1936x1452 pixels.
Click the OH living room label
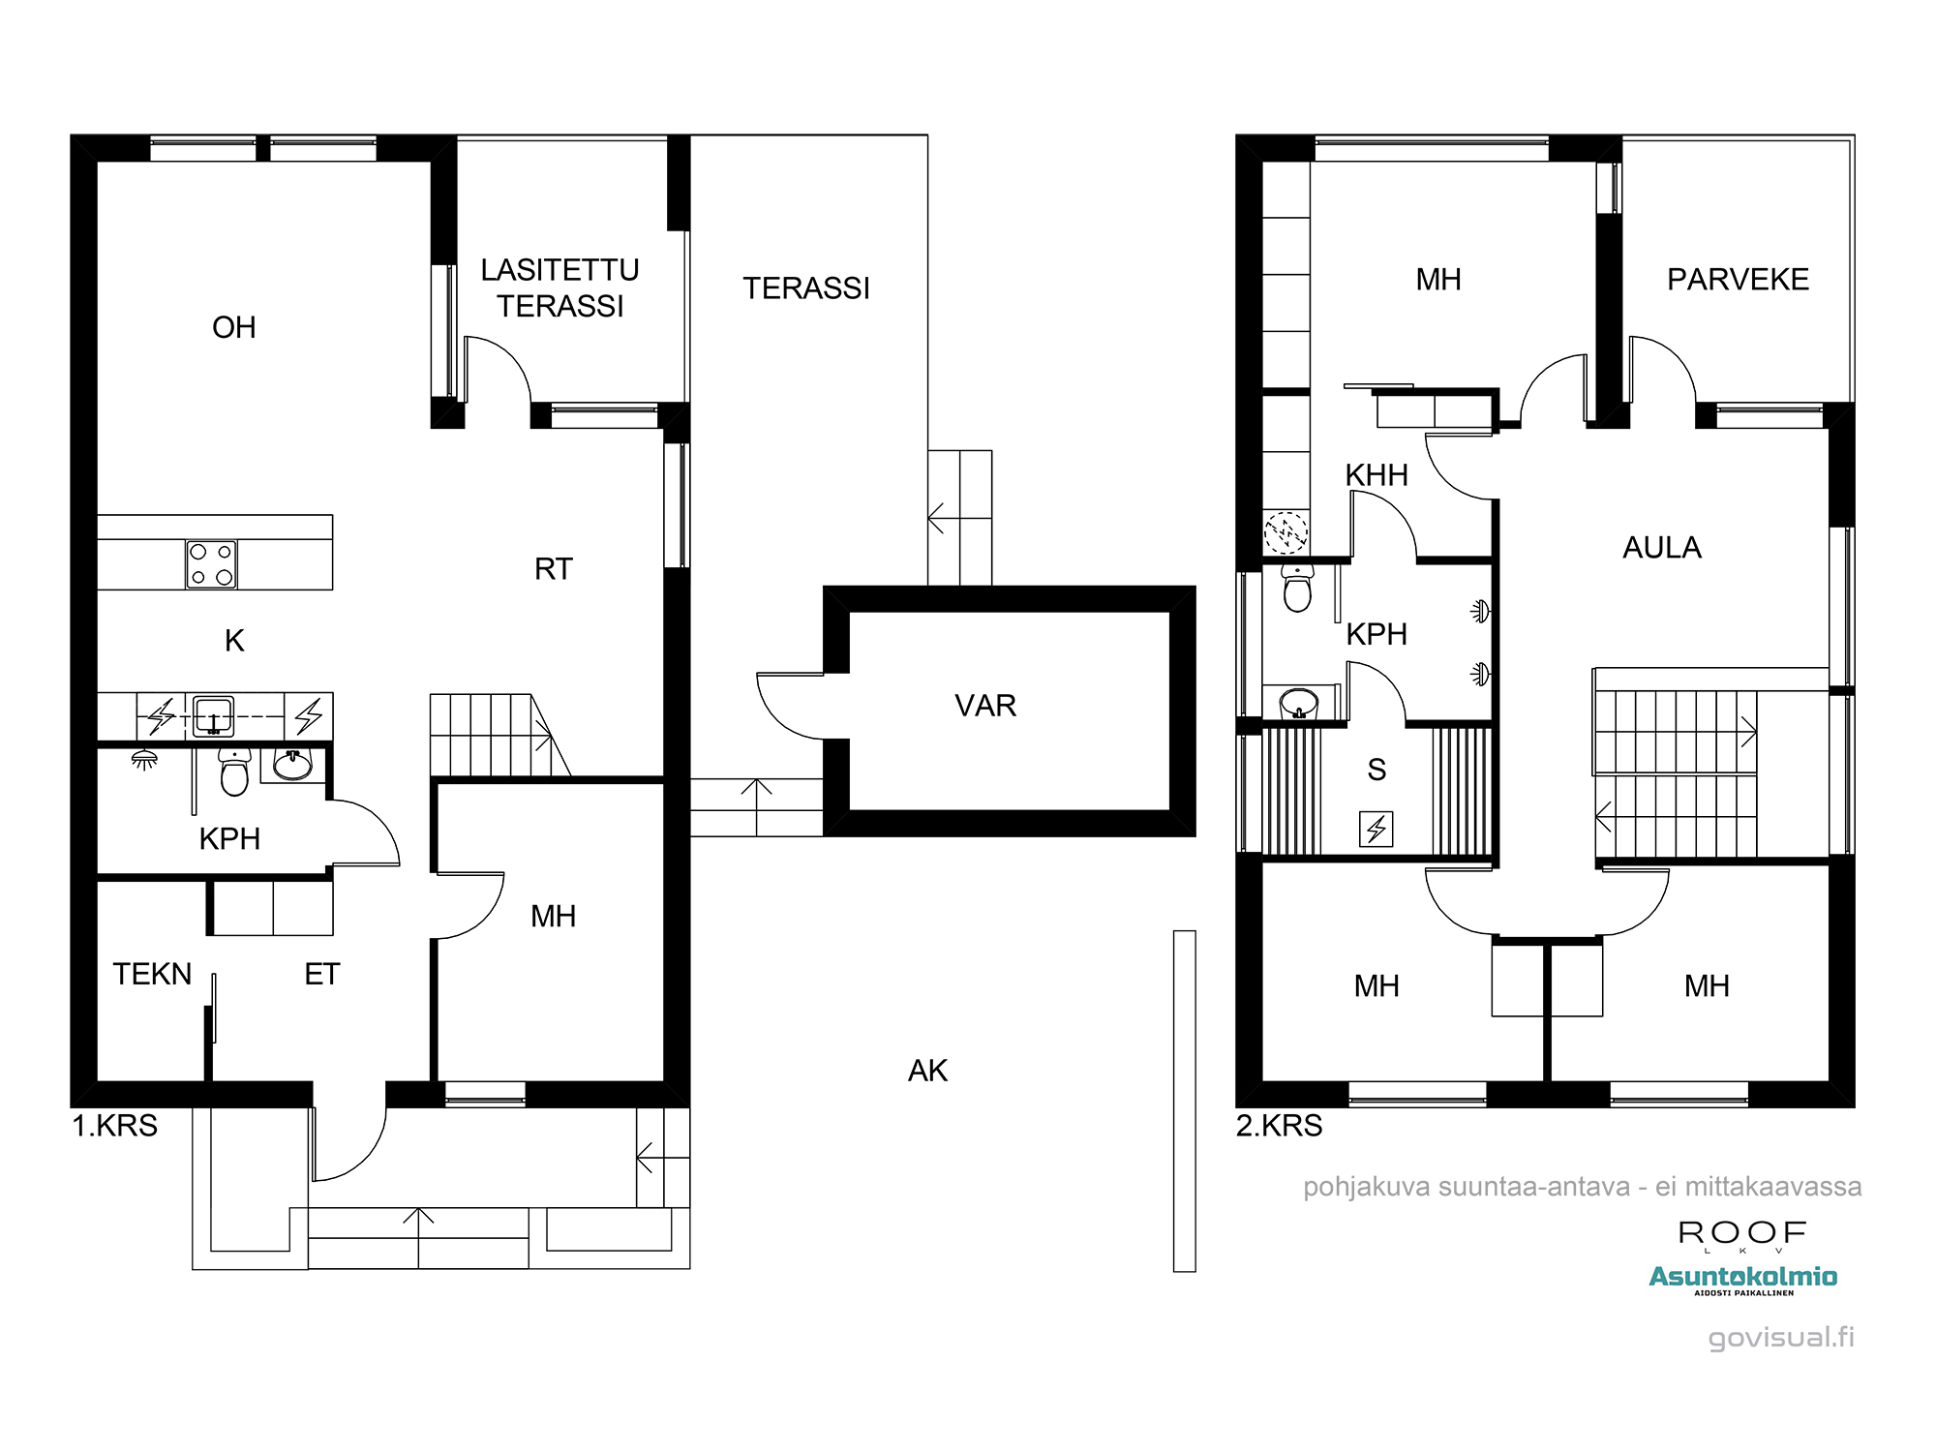tap(234, 327)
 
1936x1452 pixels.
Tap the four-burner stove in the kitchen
tap(211, 564)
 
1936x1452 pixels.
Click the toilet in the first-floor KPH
tap(234, 771)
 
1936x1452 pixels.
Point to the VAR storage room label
tap(985, 706)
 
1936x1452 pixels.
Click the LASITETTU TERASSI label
tap(560, 287)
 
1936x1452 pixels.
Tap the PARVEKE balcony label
tap(1738, 280)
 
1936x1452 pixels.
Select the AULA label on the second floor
tap(1662, 548)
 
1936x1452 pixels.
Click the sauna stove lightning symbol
tap(1376, 829)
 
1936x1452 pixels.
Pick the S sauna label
tap(1376, 770)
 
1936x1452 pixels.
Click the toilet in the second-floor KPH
tap(1297, 588)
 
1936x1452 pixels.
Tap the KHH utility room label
tap(1376, 475)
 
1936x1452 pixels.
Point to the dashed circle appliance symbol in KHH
tap(1286, 531)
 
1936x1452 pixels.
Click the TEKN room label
tap(152, 974)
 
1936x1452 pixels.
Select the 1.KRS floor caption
tap(115, 1126)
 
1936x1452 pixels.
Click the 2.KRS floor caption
tap(1279, 1126)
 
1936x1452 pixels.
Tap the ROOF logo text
tap(1742, 1232)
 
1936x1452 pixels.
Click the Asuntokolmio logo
tap(1742, 1278)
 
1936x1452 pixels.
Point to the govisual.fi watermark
tap(1781, 1338)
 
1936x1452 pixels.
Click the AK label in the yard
tap(927, 1071)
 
